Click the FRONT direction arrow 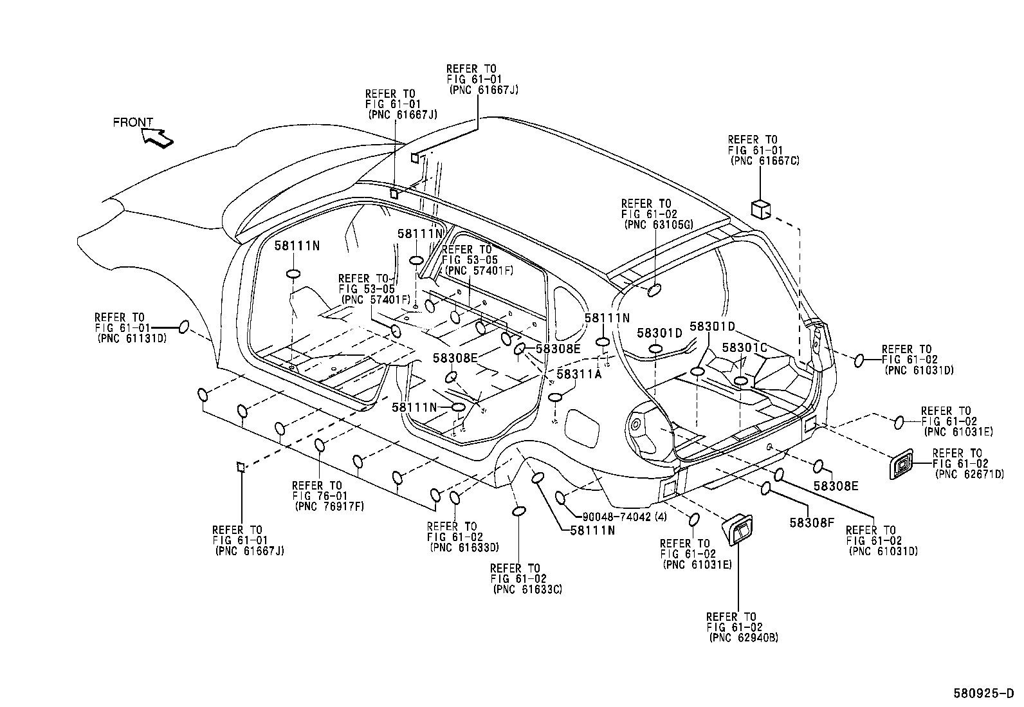click(158, 137)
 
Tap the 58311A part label click(578, 374)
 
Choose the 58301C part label click(744, 347)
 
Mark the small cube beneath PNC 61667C click(760, 208)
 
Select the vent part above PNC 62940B click(740, 531)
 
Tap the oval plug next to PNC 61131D click(183, 327)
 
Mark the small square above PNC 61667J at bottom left click(241, 466)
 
